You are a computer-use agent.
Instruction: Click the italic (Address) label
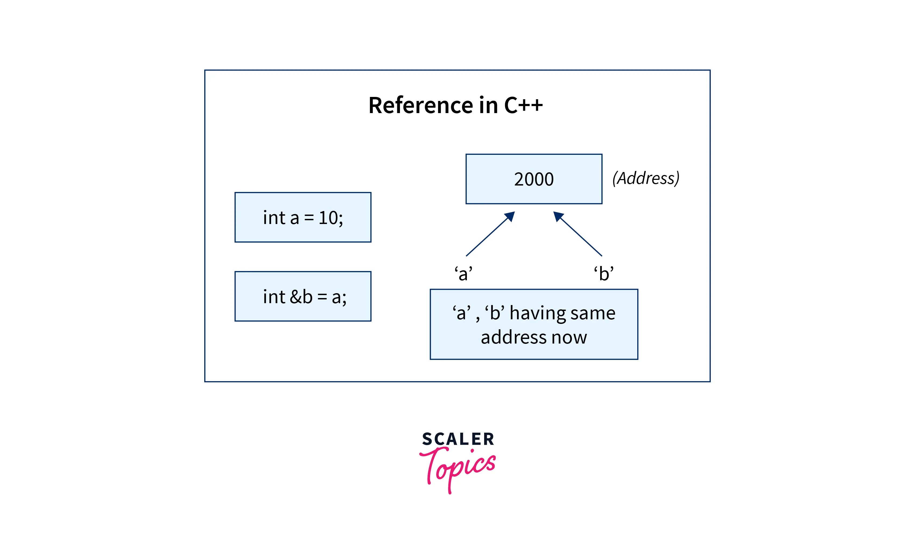coord(646,178)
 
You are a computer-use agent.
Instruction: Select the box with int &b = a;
coord(303,296)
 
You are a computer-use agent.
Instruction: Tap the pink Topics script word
coord(458,466)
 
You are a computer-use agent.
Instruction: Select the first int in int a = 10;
coord(274,218)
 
